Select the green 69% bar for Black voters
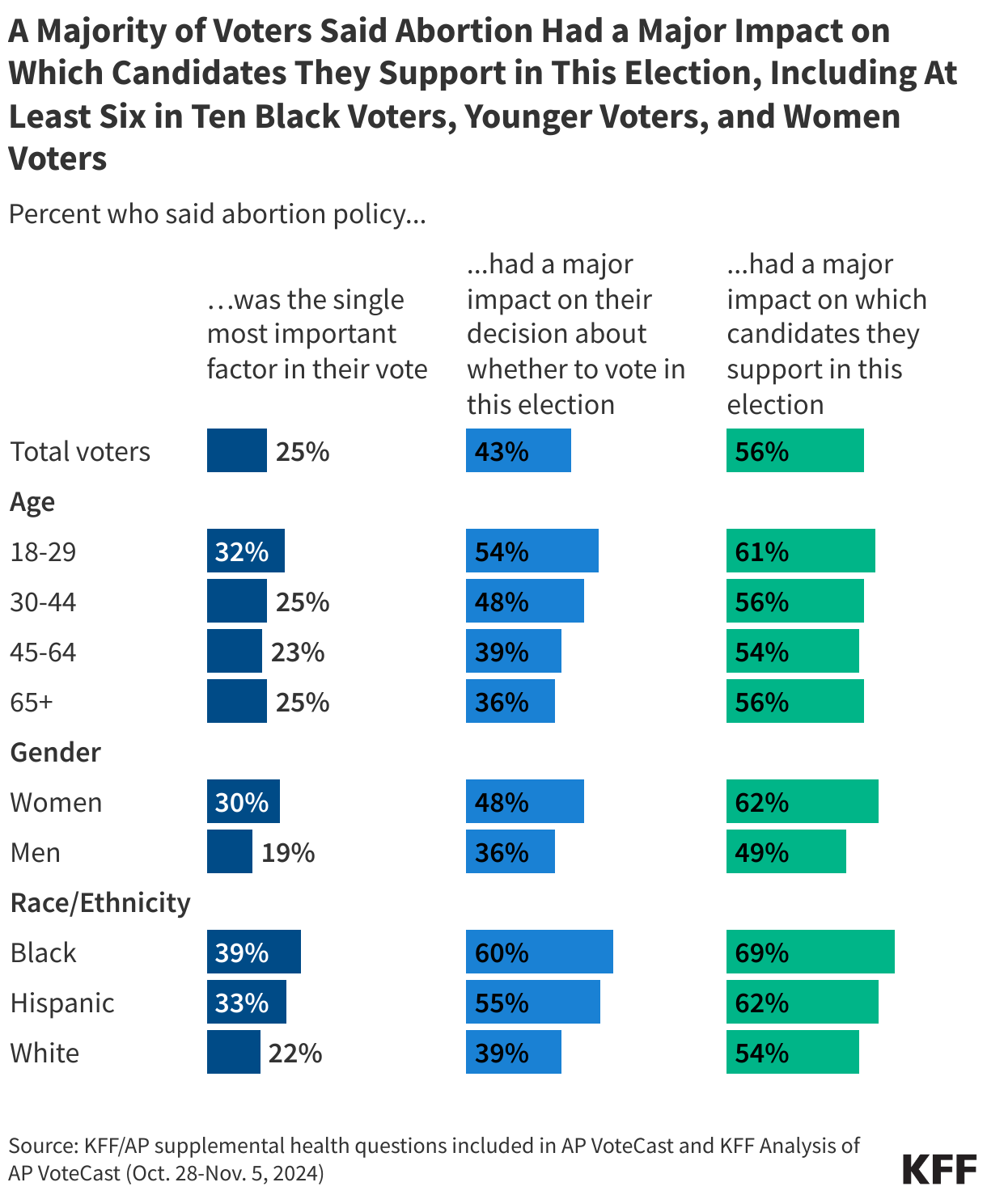(x=810, y=952)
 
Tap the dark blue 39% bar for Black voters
(x=253, y=952)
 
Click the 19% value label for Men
(x=288, y=852)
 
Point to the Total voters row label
(x=80, y=451)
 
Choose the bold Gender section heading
(x=55, y=752)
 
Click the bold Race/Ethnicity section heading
(x=100, y=902)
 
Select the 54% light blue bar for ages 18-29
(x=532, y=551)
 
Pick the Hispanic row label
(x=62, y=1003)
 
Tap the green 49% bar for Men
(x=786, y=851)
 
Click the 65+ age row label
(x=32, y=702)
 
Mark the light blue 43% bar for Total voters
(x=518, y=450)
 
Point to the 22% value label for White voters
(x=295, y=1053)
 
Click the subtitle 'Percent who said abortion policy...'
(x=217, y=214)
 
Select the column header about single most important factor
(x=317, y=334)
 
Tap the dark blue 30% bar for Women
(x=243, y=801)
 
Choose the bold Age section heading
(x=32, y=501)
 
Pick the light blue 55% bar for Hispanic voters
(x=532, y=1002)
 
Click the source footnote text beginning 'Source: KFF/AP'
(x=434, y=1158)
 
